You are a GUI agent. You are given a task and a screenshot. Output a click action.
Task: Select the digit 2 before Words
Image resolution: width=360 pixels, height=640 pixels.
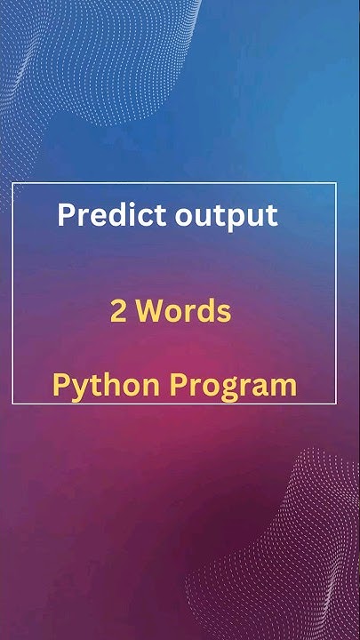coord(118,312)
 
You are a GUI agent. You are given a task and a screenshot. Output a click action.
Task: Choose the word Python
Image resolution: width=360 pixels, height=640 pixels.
coord(106,386)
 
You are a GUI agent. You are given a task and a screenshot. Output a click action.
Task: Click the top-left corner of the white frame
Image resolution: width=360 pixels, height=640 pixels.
coord(12,182)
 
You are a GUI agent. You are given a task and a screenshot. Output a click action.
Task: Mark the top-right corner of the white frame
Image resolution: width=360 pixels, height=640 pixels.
coord(336,182)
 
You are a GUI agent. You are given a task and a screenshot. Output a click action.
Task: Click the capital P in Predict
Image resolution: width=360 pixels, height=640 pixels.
coord(65,214)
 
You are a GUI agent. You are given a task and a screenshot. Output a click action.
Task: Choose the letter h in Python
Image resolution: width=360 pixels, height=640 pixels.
coord(108,385)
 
